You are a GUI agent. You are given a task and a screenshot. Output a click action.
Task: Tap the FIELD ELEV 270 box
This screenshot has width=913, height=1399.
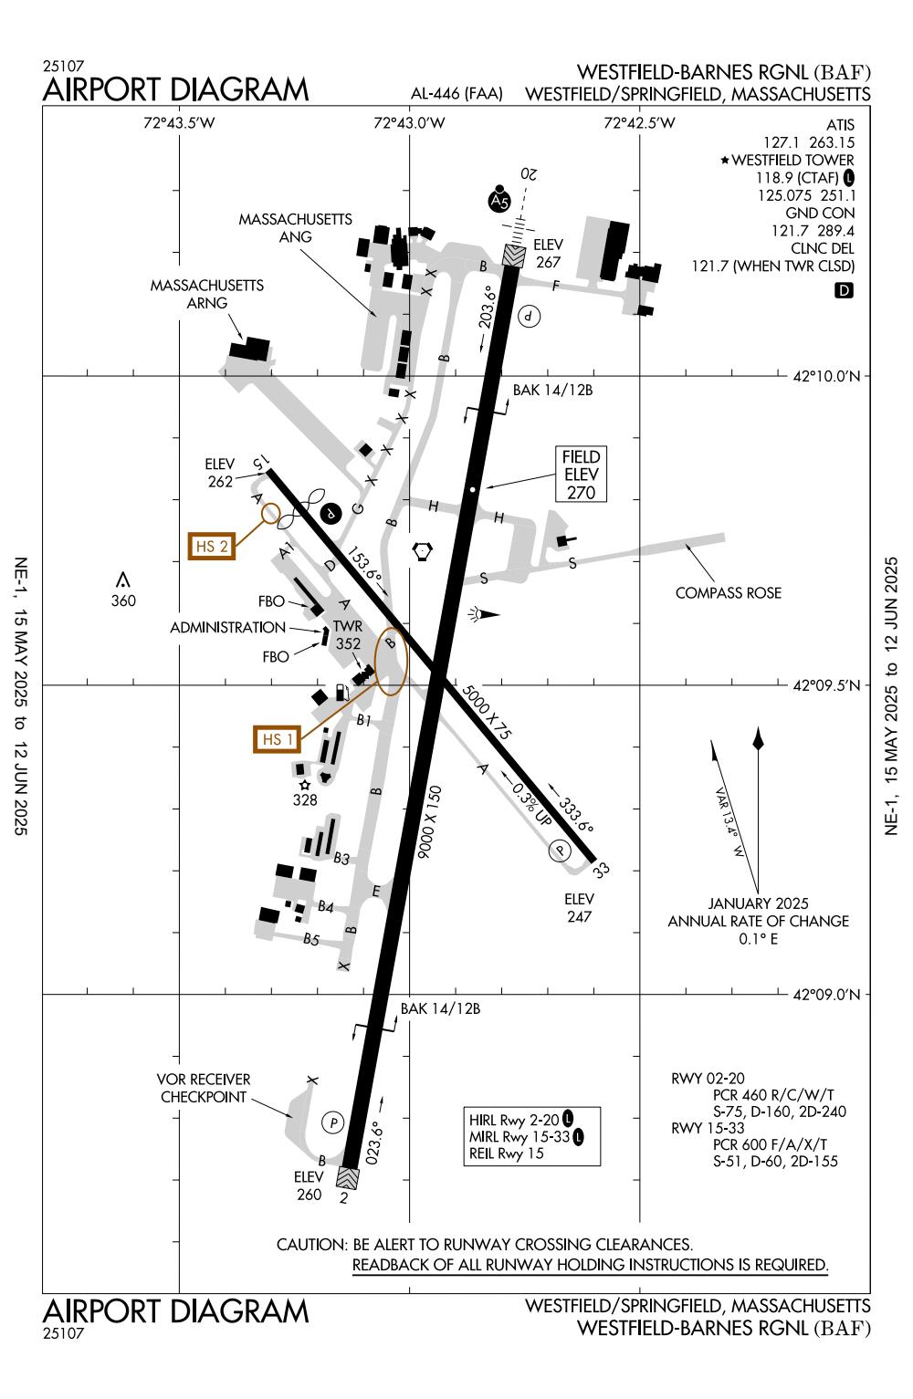click(x=581, y=475)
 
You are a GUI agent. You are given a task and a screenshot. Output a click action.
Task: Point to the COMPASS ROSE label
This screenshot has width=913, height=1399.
click(x=728, y=593)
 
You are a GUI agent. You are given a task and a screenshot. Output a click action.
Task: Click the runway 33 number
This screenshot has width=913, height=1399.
click(x=602, y=870)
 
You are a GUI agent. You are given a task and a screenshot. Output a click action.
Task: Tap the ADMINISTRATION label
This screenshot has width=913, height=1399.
click(x=227, y=628)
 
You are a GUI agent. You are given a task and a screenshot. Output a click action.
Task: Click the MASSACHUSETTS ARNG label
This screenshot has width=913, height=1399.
click(x=206, y=294)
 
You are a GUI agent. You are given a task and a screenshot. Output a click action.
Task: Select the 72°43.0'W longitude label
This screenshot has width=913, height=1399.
click(x=409, y=123)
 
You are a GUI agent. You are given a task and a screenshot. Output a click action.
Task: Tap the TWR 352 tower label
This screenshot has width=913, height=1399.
click(x=348, y=635)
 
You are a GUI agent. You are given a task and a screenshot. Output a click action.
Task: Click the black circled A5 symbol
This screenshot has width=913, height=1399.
click(x=498, y=201)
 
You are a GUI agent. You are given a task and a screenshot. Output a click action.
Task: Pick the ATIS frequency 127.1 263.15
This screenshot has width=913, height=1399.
click(x=808, y=142)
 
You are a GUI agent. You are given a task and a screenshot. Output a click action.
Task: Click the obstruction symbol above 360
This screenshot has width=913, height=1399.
click(x=122, y=580)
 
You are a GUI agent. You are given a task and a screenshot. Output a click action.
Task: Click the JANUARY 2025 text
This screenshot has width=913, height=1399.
click(x=758, y=904)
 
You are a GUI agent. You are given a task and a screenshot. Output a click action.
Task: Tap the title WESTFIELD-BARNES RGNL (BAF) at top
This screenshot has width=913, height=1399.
click(x=723, y=72)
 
